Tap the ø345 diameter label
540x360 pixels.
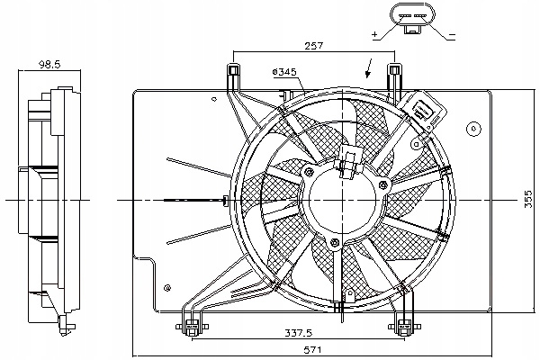point(284,71)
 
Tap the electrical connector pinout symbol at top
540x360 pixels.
point(412,17)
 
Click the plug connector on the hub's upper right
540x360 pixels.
point(349,163)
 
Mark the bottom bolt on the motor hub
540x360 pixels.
point(335,243)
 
